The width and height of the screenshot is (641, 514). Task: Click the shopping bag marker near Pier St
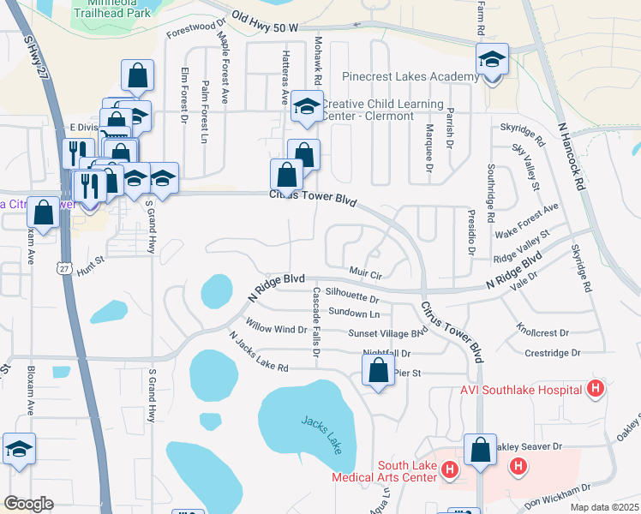[x=378, y=371]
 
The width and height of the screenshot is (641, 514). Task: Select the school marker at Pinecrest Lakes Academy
[x=492, y=59]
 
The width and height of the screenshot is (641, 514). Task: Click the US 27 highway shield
[x=63, y=268]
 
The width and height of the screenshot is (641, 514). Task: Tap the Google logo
[x=27, y=504]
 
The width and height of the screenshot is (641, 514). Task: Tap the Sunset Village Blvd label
[x=386, y=333]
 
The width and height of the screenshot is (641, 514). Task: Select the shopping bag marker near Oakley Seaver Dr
[x=480, y=449]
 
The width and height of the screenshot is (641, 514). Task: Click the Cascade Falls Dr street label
[x=316, y=316]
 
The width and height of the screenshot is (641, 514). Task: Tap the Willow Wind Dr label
[x=276, y=329]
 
